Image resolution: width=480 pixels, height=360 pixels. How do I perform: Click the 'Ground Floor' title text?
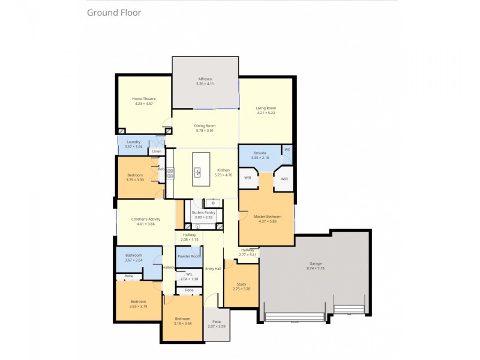coord(114,12)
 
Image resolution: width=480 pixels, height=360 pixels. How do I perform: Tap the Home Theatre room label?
coord(144,98)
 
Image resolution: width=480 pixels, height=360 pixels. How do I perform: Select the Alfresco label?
coord(205,79)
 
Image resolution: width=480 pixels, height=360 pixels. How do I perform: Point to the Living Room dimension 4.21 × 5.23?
coord(265,113)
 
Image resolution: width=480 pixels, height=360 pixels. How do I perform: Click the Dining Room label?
coord(205,125)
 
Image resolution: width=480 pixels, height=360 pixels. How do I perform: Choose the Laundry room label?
coord(133,142)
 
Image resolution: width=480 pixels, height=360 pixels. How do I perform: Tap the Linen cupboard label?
coord(156,152)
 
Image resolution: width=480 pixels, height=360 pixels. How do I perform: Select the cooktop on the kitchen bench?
coord(170,173)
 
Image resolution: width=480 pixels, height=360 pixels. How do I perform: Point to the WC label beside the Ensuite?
coord(287,149)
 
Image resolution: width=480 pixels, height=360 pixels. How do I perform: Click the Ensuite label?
coord(260,153)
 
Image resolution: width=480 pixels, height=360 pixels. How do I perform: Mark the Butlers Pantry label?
coord(203,212)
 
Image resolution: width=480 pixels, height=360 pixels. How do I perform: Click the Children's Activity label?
coord(143,219)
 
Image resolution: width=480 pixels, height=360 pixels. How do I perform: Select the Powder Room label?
coord(188,256)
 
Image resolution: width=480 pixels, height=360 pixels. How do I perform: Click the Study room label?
coord(241,284)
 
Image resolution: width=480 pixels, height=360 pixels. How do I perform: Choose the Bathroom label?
coord(133,255)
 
